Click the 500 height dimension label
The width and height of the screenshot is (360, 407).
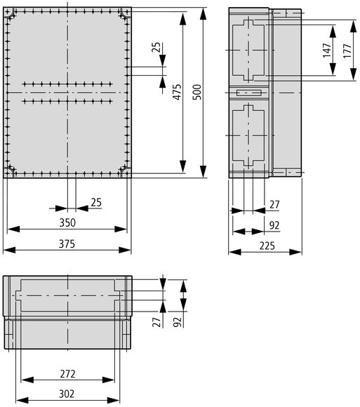(x=197, y=92)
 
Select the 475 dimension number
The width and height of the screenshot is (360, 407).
(x=178, y=92)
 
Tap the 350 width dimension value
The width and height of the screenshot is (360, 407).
(x=67, y=222)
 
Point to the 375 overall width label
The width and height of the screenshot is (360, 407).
(x=67, y=244)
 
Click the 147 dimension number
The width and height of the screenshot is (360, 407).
(x=327, y=50)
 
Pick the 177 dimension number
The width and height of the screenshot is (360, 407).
(x=347, y=51)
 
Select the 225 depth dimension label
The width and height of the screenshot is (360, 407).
(x=267, y=246)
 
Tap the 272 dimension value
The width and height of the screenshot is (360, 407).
(x=68, y=374)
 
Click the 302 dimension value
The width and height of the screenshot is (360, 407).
(x=67, y=394)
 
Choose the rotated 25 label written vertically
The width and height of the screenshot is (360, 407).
(x=156, y=48)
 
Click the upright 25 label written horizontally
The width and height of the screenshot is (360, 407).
(x=96, y=203)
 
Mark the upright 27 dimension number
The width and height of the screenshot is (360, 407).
(x=274, y=205)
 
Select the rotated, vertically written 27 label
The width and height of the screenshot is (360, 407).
(x=156, y=322)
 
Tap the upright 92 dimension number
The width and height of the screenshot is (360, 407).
(x=274, y=225)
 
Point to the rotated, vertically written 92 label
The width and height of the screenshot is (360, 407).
(x=177, y=322)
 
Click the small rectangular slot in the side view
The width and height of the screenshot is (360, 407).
(x=248, y=93)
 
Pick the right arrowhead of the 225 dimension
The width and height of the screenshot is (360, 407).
(x=295, y=252)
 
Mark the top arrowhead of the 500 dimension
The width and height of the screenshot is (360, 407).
(x=204, y=14)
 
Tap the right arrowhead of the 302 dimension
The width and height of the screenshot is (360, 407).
(x=114, y=400)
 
